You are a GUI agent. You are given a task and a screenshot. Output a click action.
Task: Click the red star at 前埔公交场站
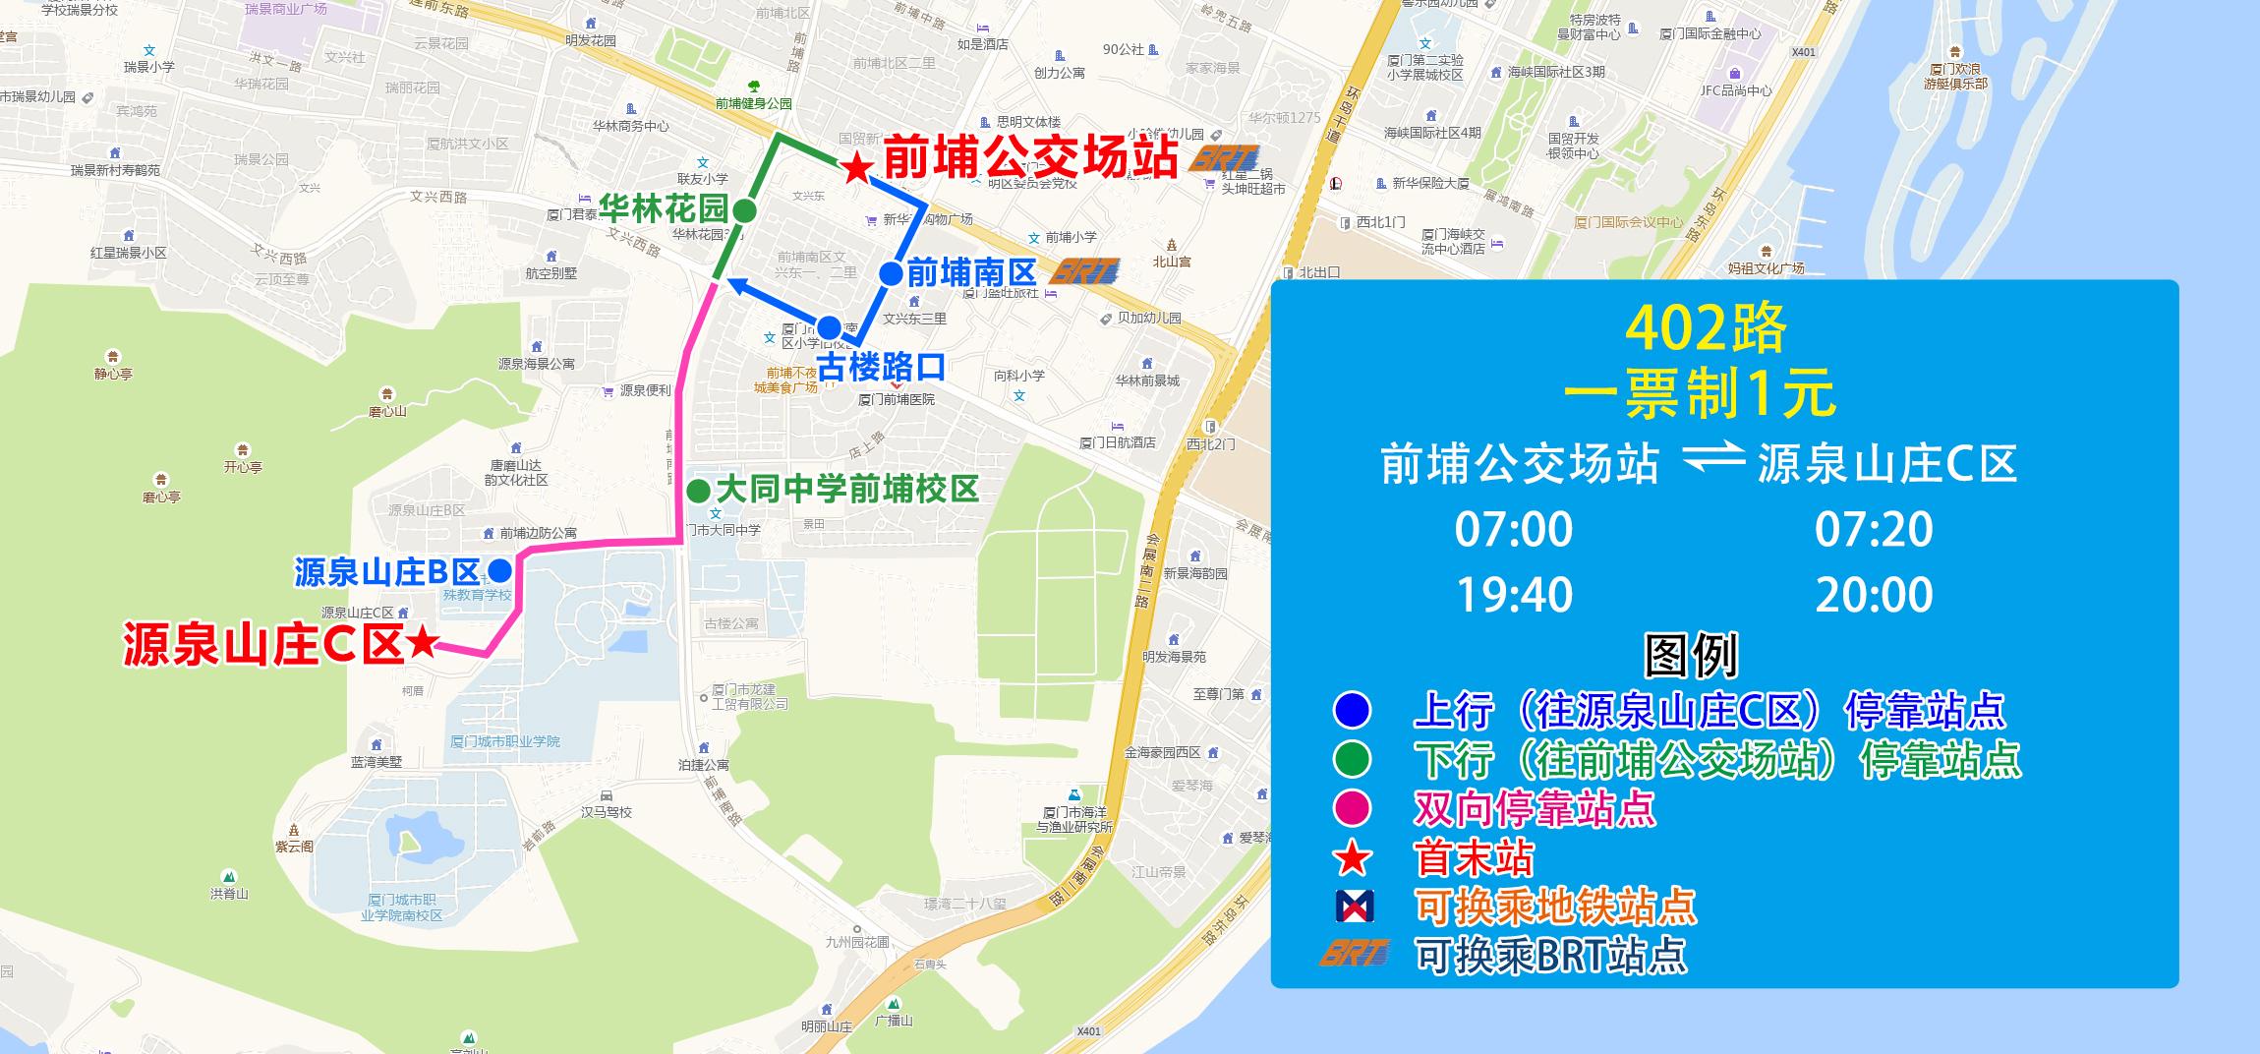pyautogui.click(x=857, y=168)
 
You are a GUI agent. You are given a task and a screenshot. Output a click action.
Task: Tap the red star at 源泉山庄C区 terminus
pyautogui.click(x=423, y=642)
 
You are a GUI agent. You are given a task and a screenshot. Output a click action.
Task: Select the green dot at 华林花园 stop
pyautogui.click(x=745, y=210)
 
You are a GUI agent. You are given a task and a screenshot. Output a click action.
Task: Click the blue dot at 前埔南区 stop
pyautogui.click(x=891, y=273)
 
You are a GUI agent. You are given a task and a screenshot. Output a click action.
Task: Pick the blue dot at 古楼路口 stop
pyautogui.click(x=829, y=327)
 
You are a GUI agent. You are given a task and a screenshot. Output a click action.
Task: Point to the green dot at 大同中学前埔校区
pyautogui.click(x=699, y=491)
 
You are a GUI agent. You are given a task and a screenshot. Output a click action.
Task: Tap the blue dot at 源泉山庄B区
pyautogui.click(x=500, y=570)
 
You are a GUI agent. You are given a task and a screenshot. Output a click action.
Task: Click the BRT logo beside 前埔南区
pyautogui.click(x=1085, y=270)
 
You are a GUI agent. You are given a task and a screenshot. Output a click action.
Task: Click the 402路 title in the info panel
pyautogui.click(x=1706, y=327)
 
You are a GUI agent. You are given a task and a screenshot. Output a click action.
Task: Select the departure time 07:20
pyautogui.click(x=1874, y=529)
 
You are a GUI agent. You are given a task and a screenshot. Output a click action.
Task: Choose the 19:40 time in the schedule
pyautogui.click(x=1514, y=595)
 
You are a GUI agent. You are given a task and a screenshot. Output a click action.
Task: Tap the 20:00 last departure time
pyautogui.click(x=1874, y=595)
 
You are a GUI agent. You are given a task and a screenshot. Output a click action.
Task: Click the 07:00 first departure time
pyautogui.click(x=1514, y=529)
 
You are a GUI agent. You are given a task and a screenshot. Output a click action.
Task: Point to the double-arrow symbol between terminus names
pyautogui.click(x=1713, y=458)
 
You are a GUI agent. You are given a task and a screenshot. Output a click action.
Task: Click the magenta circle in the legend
pyautogui.click(x=1353, y=808)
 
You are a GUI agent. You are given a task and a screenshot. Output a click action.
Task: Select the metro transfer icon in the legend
pyautogui.click(x=1355, y=906)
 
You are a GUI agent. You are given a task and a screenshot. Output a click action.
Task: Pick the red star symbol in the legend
pyautogui.click(x=1353, y=858)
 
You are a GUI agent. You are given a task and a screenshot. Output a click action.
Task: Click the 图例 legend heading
pyautogui.click(x=1692, y=656)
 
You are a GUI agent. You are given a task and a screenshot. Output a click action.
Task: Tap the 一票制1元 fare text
pyautogui.click(x=1700, y=393)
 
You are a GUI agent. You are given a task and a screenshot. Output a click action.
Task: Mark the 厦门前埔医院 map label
pyautogui.click(x=897, y=400)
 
